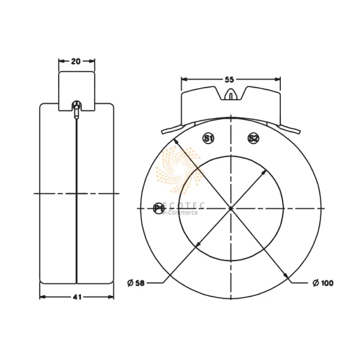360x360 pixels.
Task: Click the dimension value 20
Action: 76,61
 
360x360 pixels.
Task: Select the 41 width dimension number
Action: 76,296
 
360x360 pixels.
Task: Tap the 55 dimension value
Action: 230,79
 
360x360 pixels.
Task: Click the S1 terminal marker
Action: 208,139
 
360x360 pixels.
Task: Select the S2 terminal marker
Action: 253,139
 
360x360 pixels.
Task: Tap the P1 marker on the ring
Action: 158,208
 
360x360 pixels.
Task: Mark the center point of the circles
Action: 231,208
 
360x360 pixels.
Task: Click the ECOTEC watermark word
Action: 183,206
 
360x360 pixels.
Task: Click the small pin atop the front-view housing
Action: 231,95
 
